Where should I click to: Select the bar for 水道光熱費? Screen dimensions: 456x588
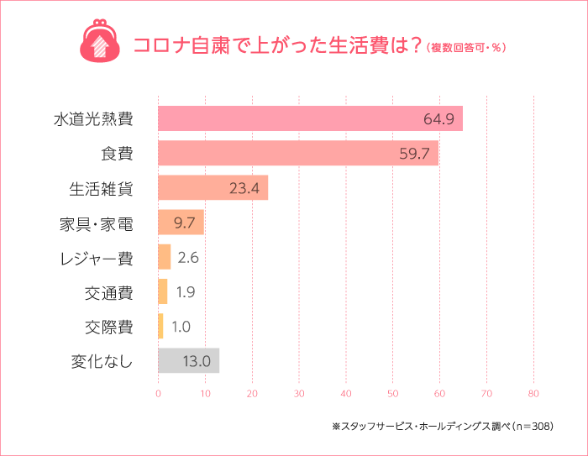click(310, 118)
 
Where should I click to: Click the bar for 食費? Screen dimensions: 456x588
click(297, 153)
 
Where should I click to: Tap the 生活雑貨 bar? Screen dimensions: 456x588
click(213, 187)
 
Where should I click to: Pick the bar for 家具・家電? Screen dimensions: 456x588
click(181, 223)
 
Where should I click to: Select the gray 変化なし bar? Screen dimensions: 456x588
click(188, 361)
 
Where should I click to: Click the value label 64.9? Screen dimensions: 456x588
click(438, 118)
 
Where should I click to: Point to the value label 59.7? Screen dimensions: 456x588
click(415, 153)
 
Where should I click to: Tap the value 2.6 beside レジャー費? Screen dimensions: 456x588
click(187, 257)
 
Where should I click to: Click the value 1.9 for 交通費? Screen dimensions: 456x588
click(186, 292)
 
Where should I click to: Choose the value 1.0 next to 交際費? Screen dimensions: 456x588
click(181, 327)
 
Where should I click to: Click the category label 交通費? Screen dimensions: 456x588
click(108, 292)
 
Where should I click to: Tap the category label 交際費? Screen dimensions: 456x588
click(108, 327)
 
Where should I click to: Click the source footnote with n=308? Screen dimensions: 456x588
click(442, 427)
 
